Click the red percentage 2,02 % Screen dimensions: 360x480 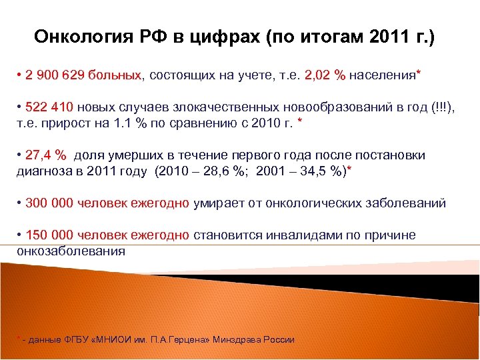[x=325, y=75]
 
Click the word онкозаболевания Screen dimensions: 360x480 [x=71, y=251]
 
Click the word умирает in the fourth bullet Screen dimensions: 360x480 [x=217, y=203]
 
